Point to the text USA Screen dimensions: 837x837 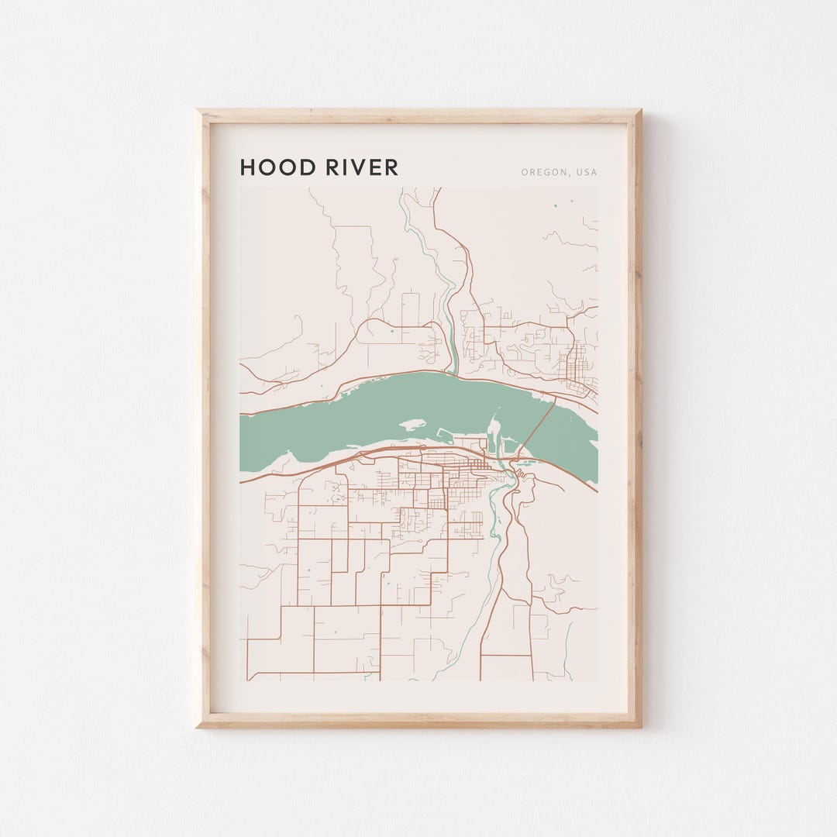[587, 172]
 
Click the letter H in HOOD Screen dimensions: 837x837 [247, 167]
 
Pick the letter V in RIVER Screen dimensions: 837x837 [362, 167]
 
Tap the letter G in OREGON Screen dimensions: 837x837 [549, 172]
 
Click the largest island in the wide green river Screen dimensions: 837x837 [413, 425]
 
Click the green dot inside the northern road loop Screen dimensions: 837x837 [392, 332]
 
